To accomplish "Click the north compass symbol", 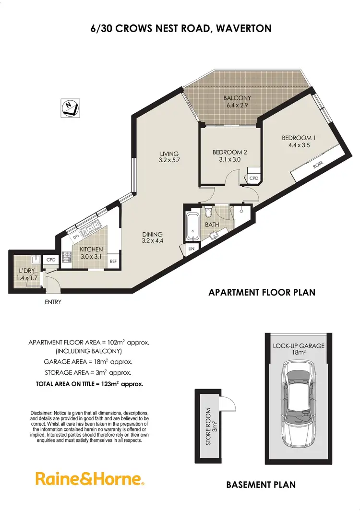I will (x=70, y=108).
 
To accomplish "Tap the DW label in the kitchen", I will (x=76, y=236).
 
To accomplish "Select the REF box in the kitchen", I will (x=113, y=261).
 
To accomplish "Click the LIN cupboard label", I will (x=192, y=248).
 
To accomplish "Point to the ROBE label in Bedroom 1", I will (x=318, y=165).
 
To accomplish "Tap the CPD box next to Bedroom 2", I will (x=254, y=178).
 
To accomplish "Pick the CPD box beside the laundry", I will (x=50, y=260).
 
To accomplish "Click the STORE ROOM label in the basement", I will (x=208, y=427).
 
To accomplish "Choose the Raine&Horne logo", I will (x=90, y=479).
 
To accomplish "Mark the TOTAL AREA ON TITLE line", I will (x=89, y=384).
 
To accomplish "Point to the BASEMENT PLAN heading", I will (x=261, y=485).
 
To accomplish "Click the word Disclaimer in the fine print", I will (x=43, y=413).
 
